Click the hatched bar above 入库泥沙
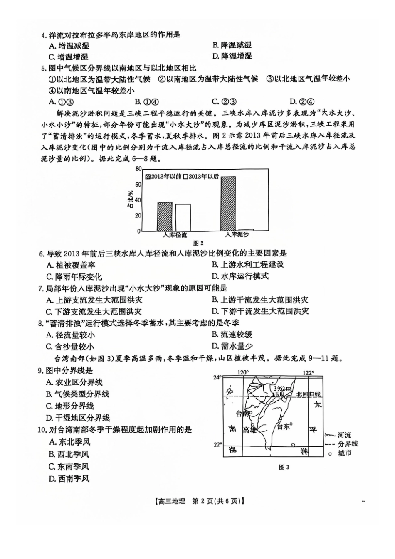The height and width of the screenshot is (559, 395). click(228, 203)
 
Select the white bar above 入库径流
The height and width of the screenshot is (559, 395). click(183, 217)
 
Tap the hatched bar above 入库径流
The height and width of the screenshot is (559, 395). click(165, 216)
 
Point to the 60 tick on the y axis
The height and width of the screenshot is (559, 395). click(138, 184)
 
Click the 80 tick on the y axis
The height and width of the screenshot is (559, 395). click(138, 168)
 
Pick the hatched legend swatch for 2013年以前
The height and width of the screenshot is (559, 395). click(148, 176)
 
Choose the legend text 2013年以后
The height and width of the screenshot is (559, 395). click(204, 176)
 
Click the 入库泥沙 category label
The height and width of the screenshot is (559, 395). click(237, 235)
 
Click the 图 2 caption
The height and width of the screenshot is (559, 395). click(198, 243)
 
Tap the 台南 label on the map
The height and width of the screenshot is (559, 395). click(242, 413)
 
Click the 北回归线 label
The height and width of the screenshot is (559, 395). click(308, 394)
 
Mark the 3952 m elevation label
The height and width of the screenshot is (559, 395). click(284, 387)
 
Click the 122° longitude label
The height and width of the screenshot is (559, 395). click(308, 372)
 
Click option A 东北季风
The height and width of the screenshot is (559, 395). click(69, 442)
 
